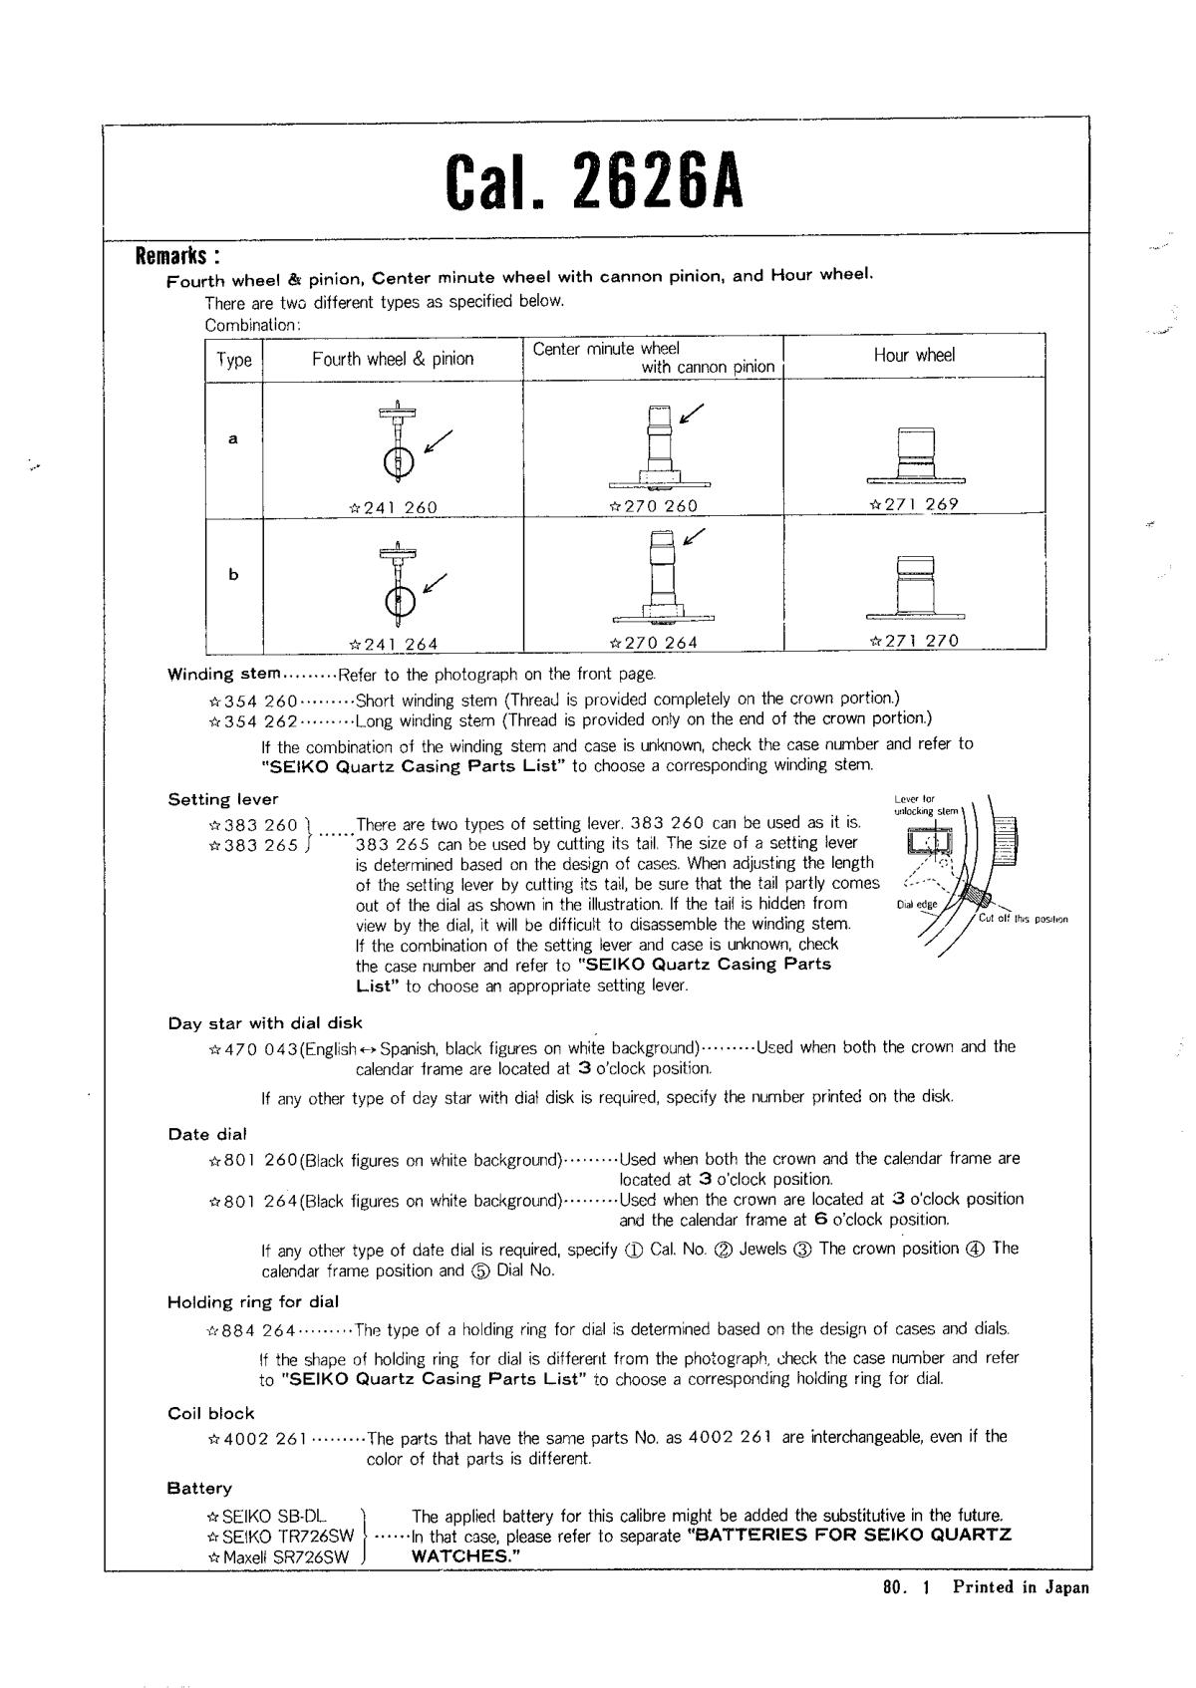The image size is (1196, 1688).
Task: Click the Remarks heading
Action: pyautogui.click(x=177, y=255)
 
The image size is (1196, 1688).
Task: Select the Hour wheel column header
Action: pyautogui.click(x=914, y=356)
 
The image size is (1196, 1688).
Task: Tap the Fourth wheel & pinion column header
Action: pyautogui.click(x=393, y=359)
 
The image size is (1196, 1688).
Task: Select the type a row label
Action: pyautogui.click(x=233, y=438)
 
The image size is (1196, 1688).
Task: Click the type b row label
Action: pyautogui.click(x=233, y=575)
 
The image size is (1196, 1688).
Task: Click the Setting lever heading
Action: pyautogui.click(x=223, y=799)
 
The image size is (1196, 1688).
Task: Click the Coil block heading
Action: pyautogui.click(x=211, y=1413)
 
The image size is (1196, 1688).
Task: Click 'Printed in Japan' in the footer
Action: pyautogui.click(x=1021, y=1587)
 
